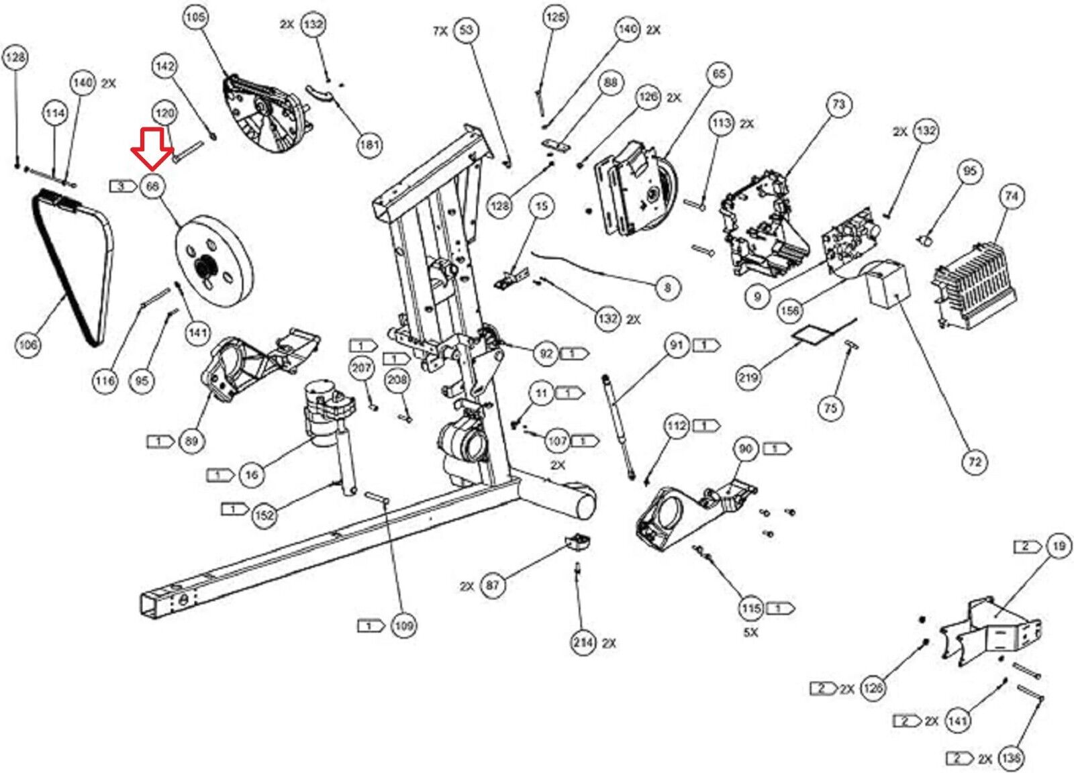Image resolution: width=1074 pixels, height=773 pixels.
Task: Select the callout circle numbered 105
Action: (x=195, y=17)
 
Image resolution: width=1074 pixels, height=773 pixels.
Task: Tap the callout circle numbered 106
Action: (x=28, y=345)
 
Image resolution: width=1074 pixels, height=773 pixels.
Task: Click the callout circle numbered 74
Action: (x=1012, y=196)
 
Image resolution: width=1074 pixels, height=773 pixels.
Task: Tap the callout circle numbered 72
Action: (x=975, y=462)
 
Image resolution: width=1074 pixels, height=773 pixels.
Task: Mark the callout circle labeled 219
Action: (x=748, y=377)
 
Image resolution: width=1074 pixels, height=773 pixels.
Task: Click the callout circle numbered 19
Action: (x=1059, y=546)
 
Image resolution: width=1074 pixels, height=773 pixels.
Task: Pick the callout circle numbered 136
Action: (x=1010, y=758)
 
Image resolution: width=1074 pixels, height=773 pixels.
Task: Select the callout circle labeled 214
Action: (x=583, y=643)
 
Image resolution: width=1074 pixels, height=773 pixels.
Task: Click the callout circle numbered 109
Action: (x=403, y=626)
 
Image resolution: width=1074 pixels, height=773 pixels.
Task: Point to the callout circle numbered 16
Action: (x=251, y=475)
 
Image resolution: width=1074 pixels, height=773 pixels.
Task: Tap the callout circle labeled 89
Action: (x=192, y=441)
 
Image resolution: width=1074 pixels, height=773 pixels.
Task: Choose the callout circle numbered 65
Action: (x=719, y=74)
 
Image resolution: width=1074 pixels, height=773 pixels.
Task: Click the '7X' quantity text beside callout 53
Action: (x=440, y=31)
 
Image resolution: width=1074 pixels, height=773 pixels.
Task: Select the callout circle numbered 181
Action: (x=369, y=144)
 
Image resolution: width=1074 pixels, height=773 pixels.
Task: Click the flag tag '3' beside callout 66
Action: (x=121, y=186)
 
